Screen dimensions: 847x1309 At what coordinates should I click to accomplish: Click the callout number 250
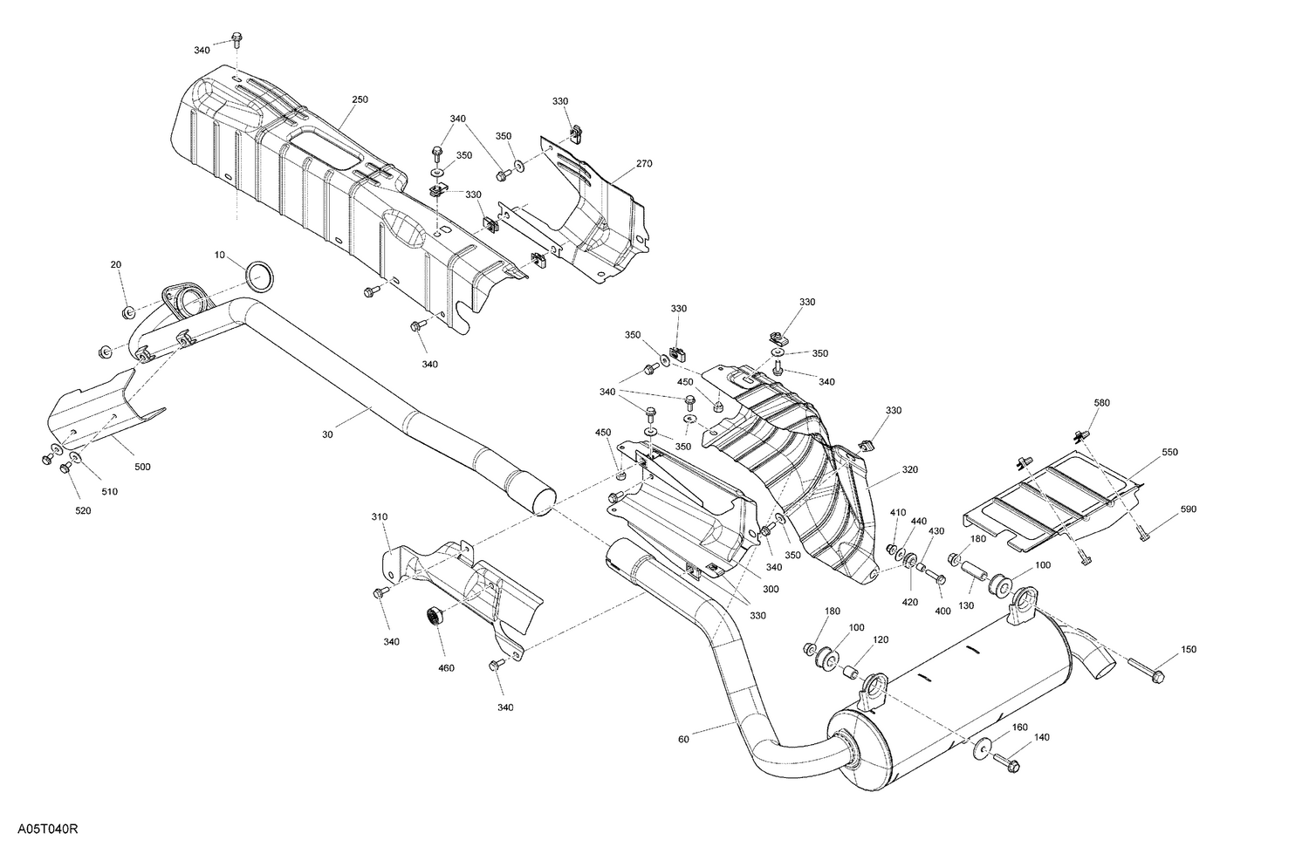(360, 100)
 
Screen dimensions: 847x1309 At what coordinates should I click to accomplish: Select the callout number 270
(644, 164)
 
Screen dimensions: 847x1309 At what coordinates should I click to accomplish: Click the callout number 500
(142, 467)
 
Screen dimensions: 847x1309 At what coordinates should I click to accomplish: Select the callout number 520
(82, 510)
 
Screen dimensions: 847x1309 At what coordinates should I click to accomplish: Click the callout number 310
(379, 517)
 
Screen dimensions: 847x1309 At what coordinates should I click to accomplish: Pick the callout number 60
(683, 741)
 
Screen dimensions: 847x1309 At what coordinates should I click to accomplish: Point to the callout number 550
(1169, 454)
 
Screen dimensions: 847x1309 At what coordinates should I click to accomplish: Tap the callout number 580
(1102, 403)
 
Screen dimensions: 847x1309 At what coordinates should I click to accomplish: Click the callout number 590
(1189, 509)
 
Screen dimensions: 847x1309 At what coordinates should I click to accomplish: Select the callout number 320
(909, 469)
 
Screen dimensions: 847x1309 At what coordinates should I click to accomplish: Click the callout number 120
(881, 639)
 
